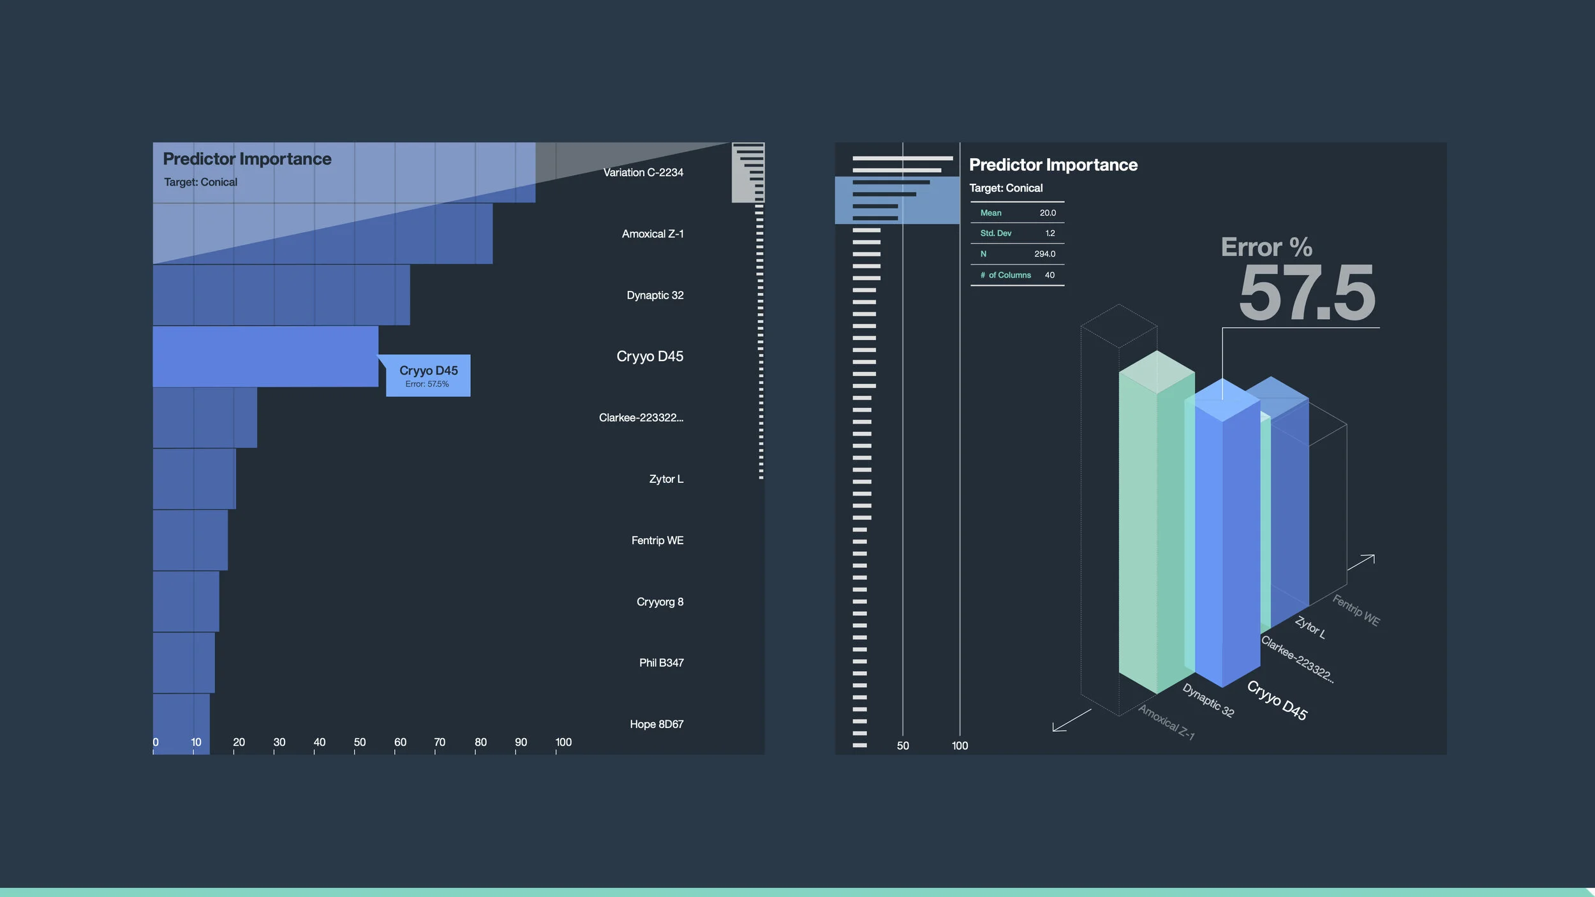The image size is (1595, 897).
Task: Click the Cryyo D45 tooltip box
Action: [x=428, y=376]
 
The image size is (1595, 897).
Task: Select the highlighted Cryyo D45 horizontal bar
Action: [x=265, y=356]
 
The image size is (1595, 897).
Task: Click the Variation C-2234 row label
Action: [x=643, y=172]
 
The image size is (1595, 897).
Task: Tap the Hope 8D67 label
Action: [x=657, y=724]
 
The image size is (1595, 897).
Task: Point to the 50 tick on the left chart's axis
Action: [x=359, y=743]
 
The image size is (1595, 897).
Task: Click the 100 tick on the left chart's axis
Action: [x=563, y=743]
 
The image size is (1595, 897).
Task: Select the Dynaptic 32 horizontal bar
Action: [x=281, y=295]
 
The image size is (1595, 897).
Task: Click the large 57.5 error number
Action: [x=1306, y=294]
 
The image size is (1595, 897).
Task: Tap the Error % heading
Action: [x=1266, y=248]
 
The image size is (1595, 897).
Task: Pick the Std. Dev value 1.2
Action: [x=1050, y=234]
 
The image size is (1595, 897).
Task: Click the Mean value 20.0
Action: [x=1048, y=213]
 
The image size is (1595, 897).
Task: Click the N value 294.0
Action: [x=1044, y=254]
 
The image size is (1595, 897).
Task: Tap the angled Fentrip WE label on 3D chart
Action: [x=1356, y=611]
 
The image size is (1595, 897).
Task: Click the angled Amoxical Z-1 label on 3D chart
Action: [x=1166, y=722]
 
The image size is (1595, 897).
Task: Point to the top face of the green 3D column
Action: [x=1157, y=372]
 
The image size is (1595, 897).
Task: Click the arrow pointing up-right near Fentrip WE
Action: [x=1361, y=562]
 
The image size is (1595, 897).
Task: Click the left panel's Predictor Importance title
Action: [x=247, y=159]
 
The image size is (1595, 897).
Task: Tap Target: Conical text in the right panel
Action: [x=1005, y=188]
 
